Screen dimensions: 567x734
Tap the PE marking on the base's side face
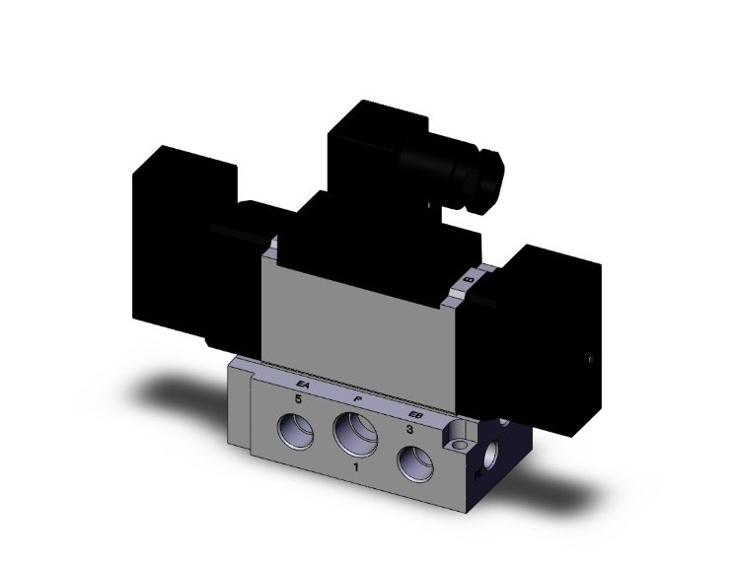click(479, 474)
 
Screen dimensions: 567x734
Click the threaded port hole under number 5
click(297, 430)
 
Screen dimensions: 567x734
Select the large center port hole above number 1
click(356, 433)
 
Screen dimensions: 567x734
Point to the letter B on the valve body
click(469, 281)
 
